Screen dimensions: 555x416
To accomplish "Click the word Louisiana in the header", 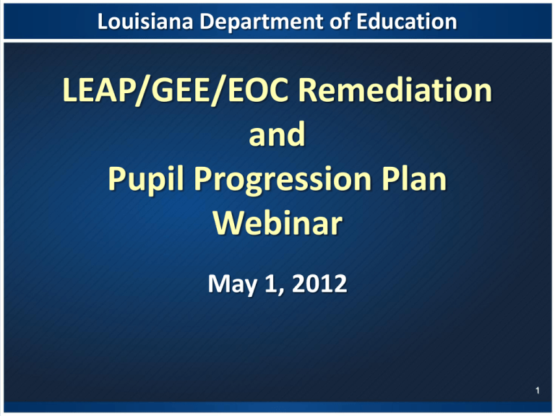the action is pyautogui.click(x=145, y=21).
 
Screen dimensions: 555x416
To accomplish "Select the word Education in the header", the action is pyautogui.click(x=406, y=21).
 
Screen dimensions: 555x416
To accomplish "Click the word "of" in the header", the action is pyautogui.click(x=340, y=21).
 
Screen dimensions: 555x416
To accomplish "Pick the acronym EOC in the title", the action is pyautogui.click(x=258, y=90).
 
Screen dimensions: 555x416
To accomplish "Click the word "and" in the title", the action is pyautogui.click(x=277, y=134).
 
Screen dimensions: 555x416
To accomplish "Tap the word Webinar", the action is pyautogui.click(x=277, y=223).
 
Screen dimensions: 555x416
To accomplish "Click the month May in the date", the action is pyautogui.click(x=232, y=285).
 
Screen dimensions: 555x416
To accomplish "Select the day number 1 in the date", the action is pyautogui.click(x=271, y=283).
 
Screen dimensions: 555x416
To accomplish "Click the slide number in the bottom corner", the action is pyautogui.click(x=538, y=390).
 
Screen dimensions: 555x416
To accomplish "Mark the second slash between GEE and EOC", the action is pyautogui.click(x=218, y=91).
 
